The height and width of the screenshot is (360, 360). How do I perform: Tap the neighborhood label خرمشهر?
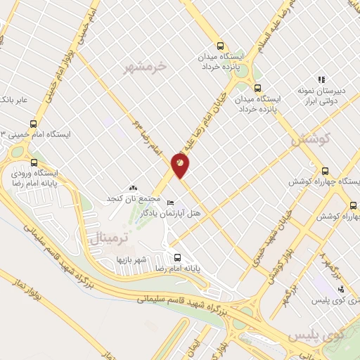point(148,67)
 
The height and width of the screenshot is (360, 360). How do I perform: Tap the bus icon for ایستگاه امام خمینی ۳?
point(15,134)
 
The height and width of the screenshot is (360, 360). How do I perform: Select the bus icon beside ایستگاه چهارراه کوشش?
point(324,171)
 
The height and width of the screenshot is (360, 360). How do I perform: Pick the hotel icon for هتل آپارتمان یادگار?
point(170,202)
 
